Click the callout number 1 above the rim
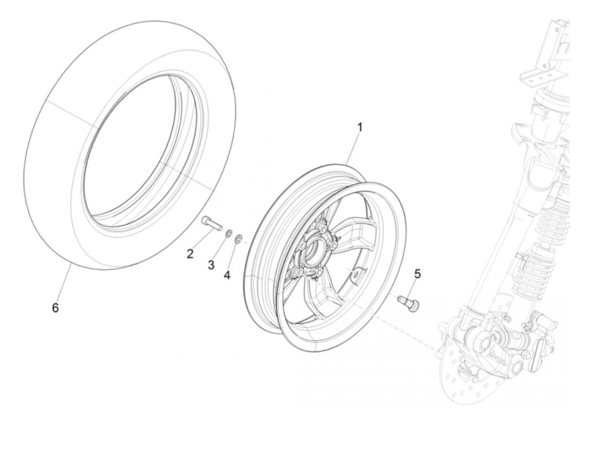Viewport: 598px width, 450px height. click(360, 127)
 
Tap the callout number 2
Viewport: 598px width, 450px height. click(190, 254)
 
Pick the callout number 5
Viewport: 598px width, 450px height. click(417, 274)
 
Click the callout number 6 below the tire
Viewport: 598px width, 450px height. click(55, 307)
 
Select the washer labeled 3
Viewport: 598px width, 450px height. click(229, 233)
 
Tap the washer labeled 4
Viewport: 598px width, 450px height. click(240, 237)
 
